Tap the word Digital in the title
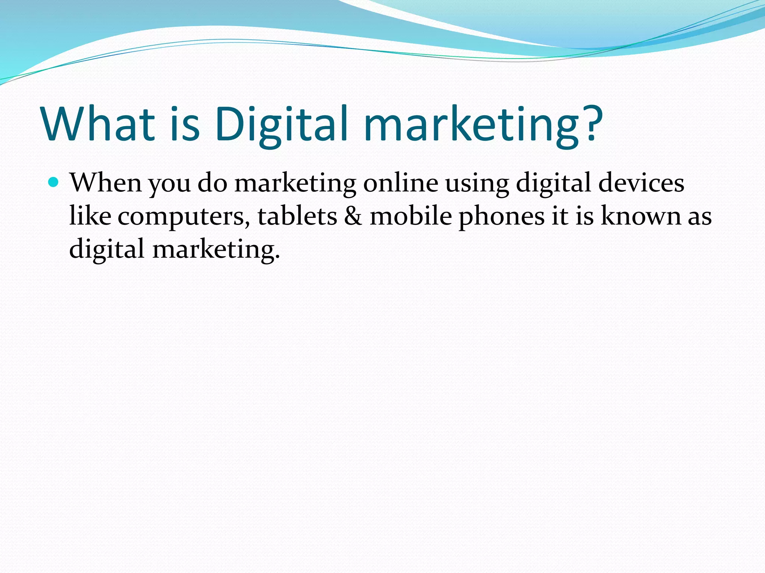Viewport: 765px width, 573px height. [x=281, y=124]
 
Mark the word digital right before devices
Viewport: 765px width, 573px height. [x=553, y=184]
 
